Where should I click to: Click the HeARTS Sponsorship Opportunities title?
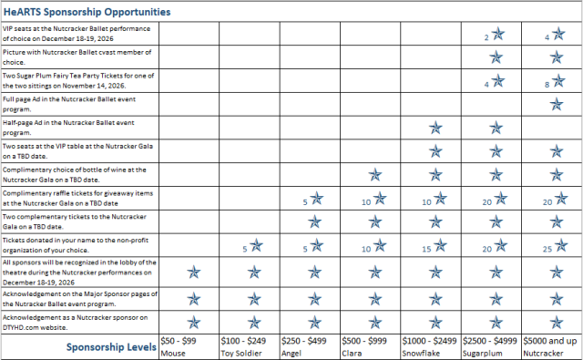[87, 12]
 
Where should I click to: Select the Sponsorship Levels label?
[111, 347]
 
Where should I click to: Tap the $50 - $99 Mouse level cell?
[189, 346]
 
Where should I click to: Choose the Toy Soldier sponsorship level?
[241, 353]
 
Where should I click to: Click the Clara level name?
[352, 353]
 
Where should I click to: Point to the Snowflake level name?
[421, 353]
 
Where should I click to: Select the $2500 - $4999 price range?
[490, 341]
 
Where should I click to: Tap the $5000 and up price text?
[550, 341]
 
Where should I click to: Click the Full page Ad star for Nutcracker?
[557, 104]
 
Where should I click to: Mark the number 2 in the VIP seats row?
[486, 37]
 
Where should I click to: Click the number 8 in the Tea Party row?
[547, 85]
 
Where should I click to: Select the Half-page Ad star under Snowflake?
[435, 128]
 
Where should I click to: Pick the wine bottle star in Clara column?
[375, 175]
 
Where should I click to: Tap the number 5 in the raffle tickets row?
[305, 202]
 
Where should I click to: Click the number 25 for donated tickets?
[547, 249]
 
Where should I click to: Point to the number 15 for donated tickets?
[426, 249]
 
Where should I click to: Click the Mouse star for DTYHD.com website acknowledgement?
[194, 323]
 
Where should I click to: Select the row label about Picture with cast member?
[77, 57]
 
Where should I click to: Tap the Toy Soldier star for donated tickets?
[256, 245]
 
